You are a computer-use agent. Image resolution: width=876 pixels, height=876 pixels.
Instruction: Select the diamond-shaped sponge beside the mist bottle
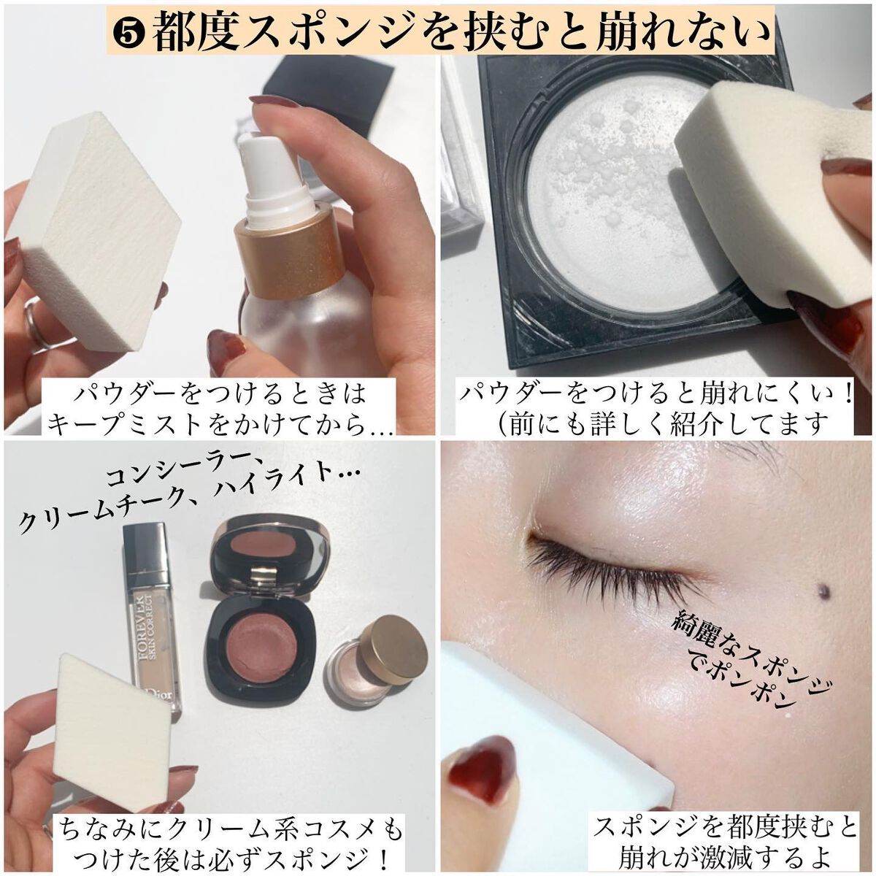94,232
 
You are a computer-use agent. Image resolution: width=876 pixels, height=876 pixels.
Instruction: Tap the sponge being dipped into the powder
773,191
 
